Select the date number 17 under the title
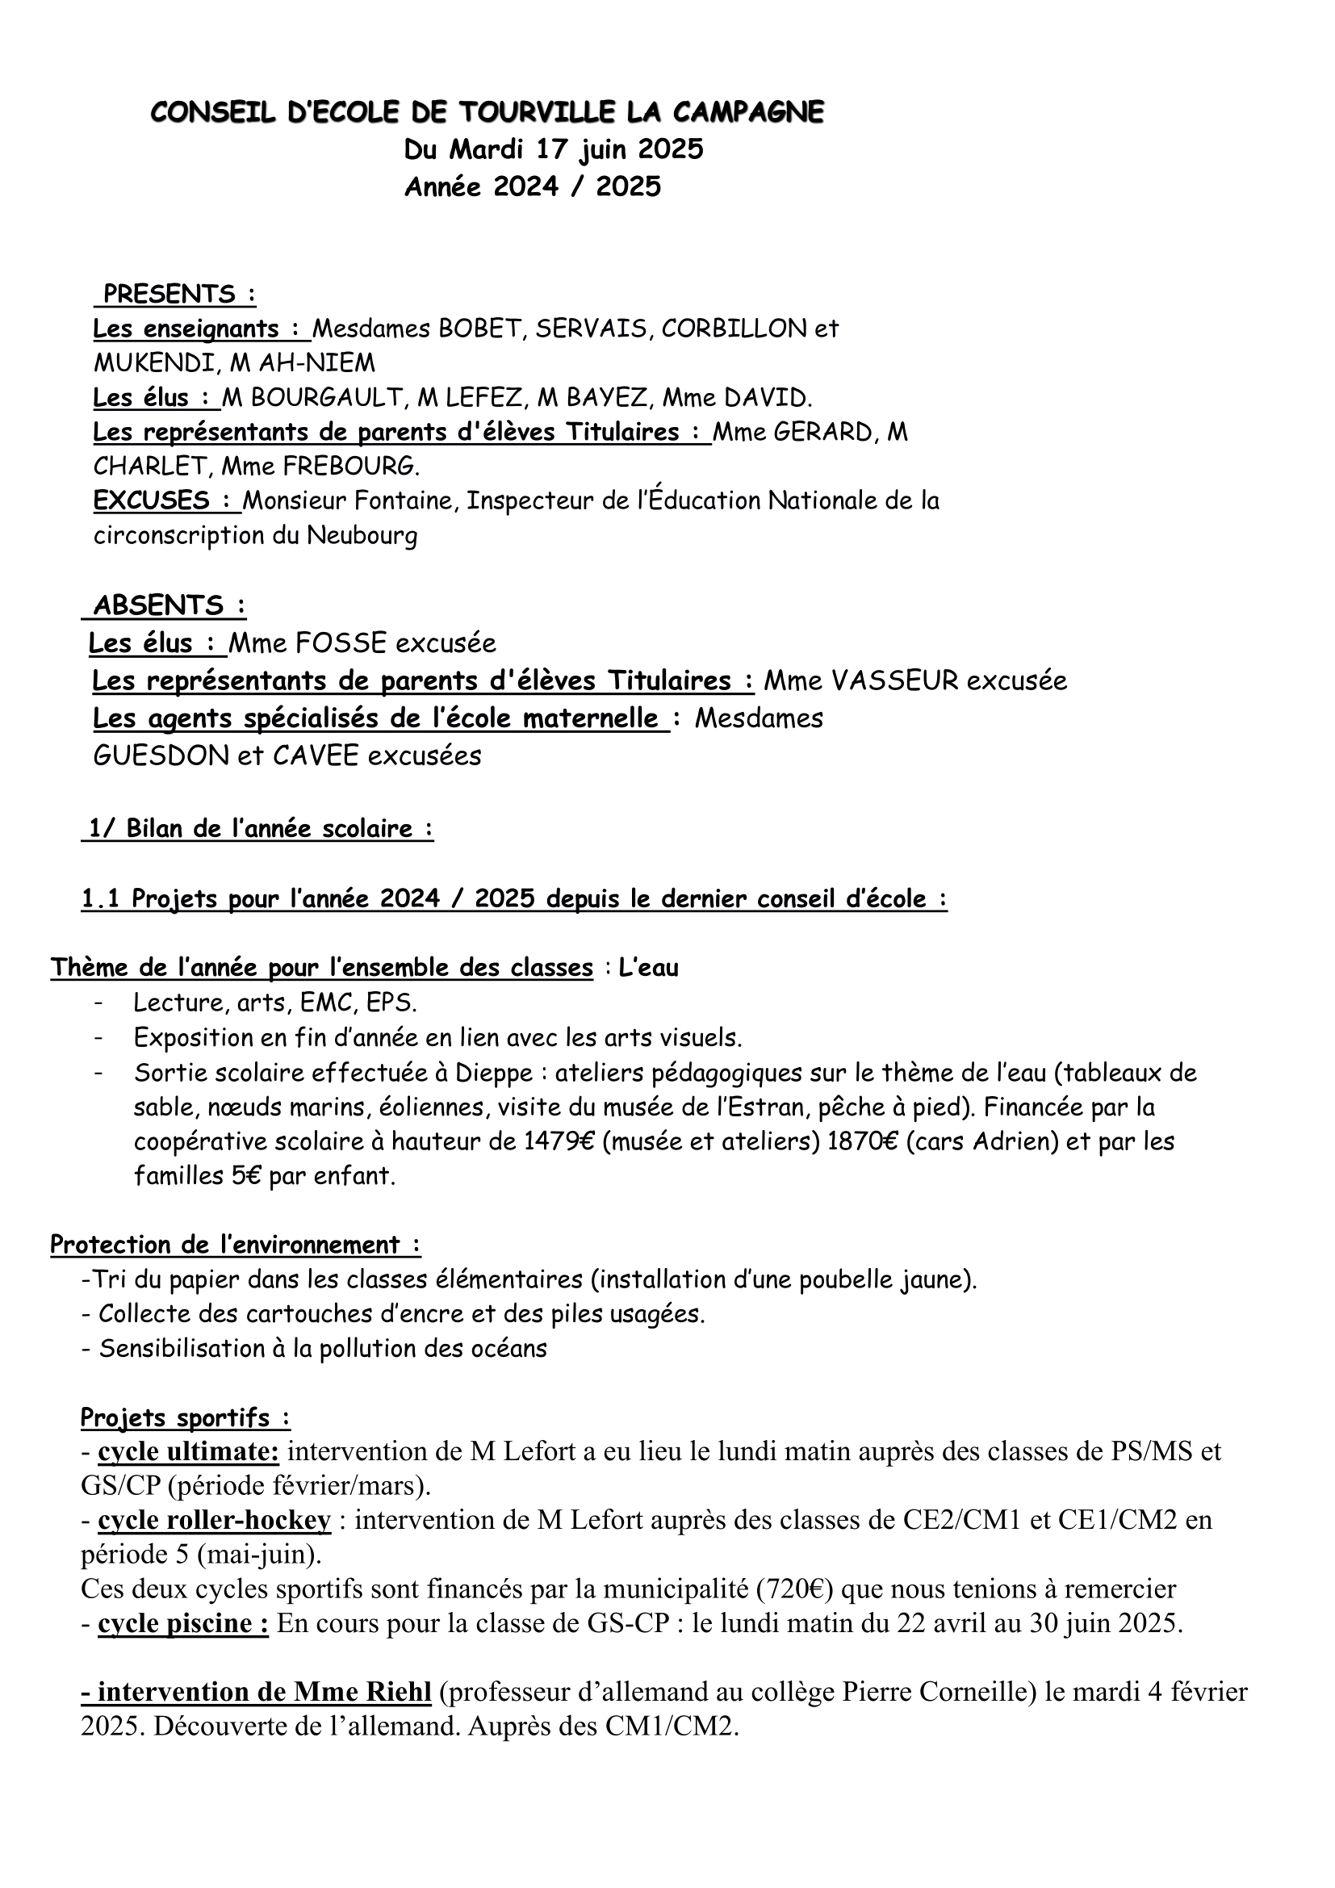click(554, 149)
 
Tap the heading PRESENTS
click(169, 294)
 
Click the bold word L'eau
click(649, 968)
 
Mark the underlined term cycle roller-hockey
click(214, 1521)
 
